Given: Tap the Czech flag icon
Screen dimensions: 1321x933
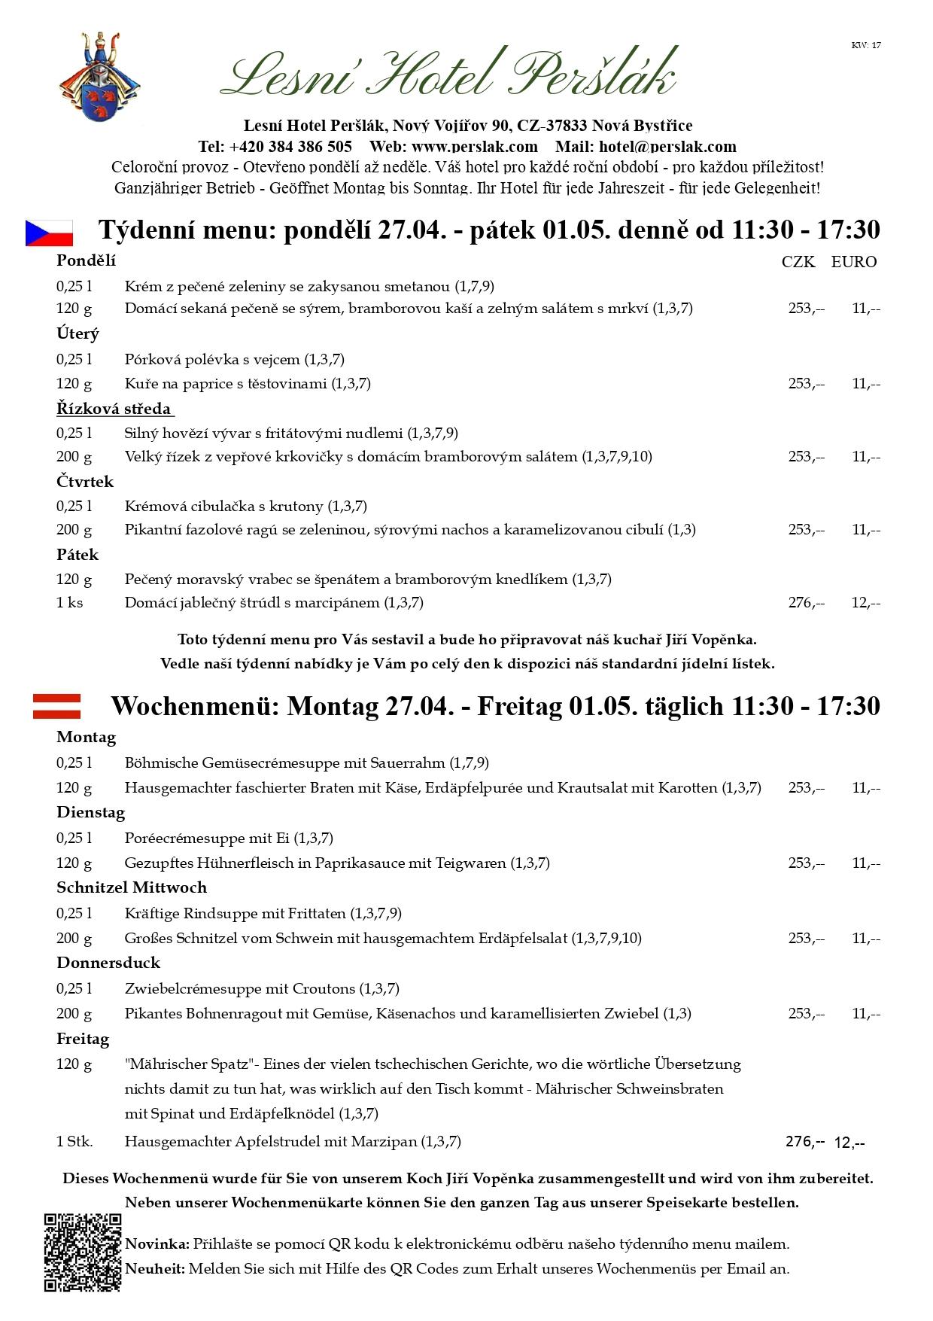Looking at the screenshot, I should pyautogui.click(x=50, y=233).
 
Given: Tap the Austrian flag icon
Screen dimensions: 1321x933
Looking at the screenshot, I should pyautogui.click(x=56, y=706).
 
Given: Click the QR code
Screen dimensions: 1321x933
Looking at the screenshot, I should pyautogui.click(x=82, y=1253).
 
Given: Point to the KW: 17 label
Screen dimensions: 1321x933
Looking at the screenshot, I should pyautogui.click(x=866, y=45).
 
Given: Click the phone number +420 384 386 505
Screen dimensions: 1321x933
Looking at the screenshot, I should pyautogui.click(x=290, y=146).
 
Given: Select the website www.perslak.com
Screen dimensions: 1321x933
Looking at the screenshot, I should pyautogui.click(x=475, y=146).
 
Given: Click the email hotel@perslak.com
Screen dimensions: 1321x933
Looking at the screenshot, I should pyautogui.click(x=667, y=146).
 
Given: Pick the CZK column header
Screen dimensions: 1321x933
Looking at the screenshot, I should pyautogui.click(x=798, y=262).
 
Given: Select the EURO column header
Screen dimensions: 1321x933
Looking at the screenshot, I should pyautogui.click(x=854, y=262).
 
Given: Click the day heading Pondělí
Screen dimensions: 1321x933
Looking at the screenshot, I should pyautogui.click(x=86, y=260).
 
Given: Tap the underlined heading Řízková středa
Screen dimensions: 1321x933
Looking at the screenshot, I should pyautogui.click(x=114, y=409).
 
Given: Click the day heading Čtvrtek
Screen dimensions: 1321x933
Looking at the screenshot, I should pyautogui.click(x=85, y=482).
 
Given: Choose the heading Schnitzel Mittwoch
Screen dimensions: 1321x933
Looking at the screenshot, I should pyautogui.click(x=132, y=887).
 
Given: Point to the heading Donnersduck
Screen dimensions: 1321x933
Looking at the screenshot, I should pyautogui.click(x=108, y=963).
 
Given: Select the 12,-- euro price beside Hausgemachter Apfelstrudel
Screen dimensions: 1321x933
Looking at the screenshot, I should pyautogui.click(x=849, y=1143).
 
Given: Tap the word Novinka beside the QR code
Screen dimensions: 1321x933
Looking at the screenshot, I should pyautogui.click(x=157, y=1243).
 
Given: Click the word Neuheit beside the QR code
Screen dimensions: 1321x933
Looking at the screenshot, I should pyautogui.click(x=155, y=1268).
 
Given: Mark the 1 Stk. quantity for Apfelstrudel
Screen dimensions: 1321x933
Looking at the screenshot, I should pyautogui.click(x=74, y=1141).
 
